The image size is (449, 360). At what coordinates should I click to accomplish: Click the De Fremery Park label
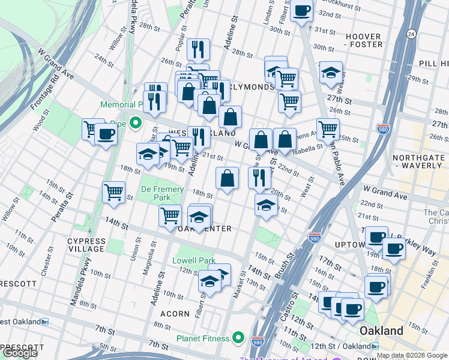coord(162,193)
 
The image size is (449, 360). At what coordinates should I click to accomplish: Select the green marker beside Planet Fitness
coord(238,338)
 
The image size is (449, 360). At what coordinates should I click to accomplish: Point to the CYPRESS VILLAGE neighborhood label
coord(86,245)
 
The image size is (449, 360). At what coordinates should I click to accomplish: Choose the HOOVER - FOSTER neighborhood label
coord(364,40)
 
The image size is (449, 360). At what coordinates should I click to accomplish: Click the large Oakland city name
coord(381,331)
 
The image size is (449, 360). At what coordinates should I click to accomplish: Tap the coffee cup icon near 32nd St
coord(302,10)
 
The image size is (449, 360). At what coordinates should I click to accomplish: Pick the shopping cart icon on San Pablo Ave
coord(328,128)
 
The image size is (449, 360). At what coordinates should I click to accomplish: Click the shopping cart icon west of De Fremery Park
coord(113,193)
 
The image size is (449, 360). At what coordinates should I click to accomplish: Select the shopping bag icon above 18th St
coord(227,179)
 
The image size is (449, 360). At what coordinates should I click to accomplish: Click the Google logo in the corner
coord(20,353)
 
